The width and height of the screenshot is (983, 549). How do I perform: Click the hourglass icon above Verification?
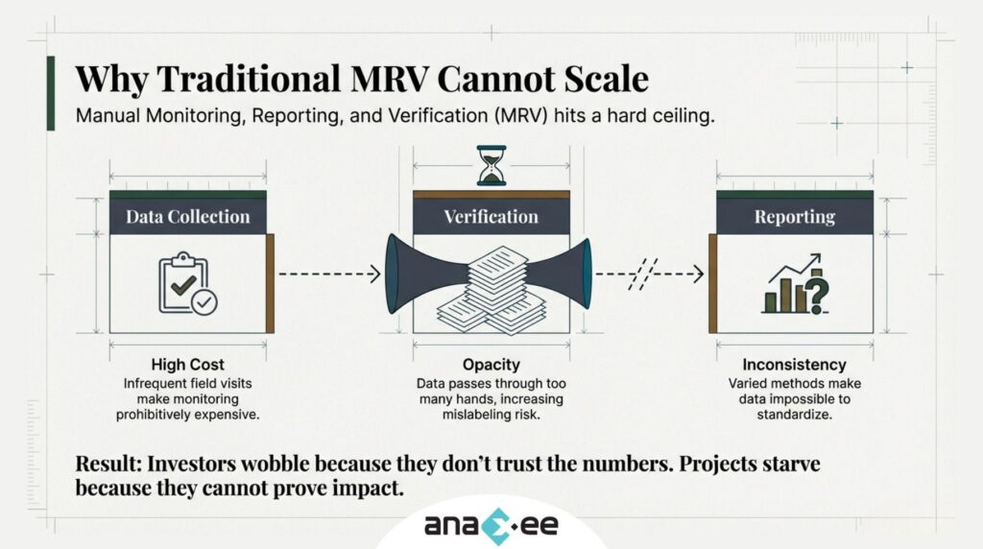point(491,165)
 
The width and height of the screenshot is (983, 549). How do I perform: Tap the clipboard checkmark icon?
point(187,284)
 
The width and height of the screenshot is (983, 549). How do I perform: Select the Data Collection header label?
point(187,217)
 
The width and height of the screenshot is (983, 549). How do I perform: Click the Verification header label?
point(491,217)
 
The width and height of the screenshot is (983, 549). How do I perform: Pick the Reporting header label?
point(794,217)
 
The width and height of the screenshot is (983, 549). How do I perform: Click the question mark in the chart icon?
point(816,292)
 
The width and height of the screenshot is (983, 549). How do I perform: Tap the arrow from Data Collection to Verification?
point(329,274)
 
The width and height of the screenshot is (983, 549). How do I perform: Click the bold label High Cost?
point(187,365)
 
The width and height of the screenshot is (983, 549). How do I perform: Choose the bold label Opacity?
point(491,365)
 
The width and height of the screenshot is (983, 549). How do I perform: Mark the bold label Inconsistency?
point(794,365)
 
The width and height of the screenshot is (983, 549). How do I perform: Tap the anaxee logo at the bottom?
point(491,525)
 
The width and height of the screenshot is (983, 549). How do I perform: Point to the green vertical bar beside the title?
point(50,92)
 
